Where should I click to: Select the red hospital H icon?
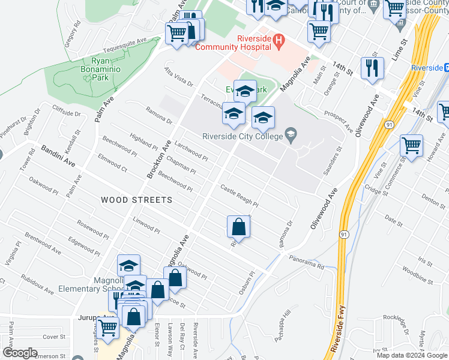pos(278,41)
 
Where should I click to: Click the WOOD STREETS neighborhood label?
pos(136,200)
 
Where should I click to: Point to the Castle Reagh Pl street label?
pos(239,196)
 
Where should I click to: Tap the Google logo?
pos(20,353)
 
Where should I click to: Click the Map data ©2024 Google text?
pos(412,355)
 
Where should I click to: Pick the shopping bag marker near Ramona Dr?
pos(239,227)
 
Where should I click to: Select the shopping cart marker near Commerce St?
pos(411,146)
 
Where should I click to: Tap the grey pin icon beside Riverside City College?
pos(291,133)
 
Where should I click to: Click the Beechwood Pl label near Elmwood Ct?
pos(119,149)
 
